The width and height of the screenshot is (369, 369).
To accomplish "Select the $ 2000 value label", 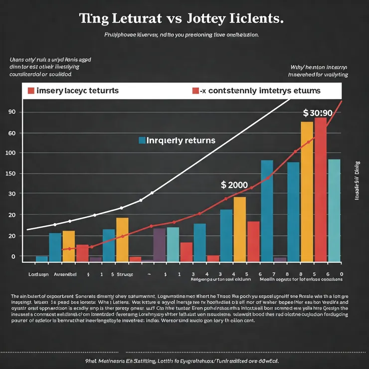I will click(234, 184).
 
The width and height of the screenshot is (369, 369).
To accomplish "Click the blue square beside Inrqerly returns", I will click(142, 140).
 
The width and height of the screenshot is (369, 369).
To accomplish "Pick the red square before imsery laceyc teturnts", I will click(31, 91).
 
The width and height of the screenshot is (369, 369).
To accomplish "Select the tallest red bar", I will click(321, 189).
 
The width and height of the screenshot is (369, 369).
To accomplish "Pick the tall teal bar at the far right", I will click(334, 209).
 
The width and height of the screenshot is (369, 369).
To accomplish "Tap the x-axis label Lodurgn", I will click(38, 274).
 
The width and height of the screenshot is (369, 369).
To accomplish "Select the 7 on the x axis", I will click(273, 274).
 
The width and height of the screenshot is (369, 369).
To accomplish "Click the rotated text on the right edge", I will click(357, 181).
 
